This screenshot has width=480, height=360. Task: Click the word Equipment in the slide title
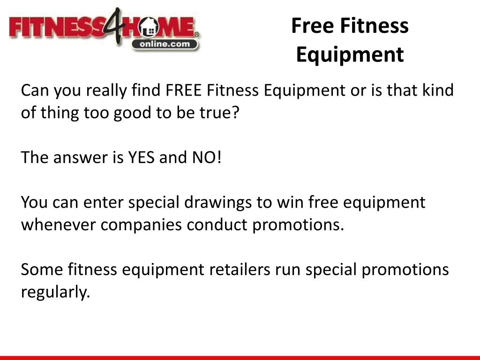click(350, 54)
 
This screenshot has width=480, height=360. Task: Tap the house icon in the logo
click(151, 29)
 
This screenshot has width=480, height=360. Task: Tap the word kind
click(437, 90)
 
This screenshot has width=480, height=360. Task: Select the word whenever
click(59, 225)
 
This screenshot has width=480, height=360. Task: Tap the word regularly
click(55, 293)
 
